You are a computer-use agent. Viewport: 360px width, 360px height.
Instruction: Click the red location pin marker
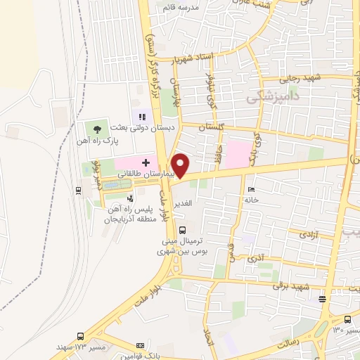[x=181, y=165]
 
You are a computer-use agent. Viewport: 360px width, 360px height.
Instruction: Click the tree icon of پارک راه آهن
[x=96, y=129]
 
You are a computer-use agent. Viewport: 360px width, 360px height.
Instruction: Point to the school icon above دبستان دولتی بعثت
[x=141, y=117]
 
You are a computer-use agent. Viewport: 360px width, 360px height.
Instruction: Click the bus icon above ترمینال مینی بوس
[x=183, y=230]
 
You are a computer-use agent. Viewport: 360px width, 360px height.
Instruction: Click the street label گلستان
[x=212, y=128]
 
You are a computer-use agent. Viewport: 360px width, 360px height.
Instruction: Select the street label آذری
[x=257, y=258]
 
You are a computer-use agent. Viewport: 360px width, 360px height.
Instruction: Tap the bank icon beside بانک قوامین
[x=140, y=346]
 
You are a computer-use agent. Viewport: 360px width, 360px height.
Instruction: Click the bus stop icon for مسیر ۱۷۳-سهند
[x=80, y=337]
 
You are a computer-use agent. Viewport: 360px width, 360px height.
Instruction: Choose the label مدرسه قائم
[x=179, y=7]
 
